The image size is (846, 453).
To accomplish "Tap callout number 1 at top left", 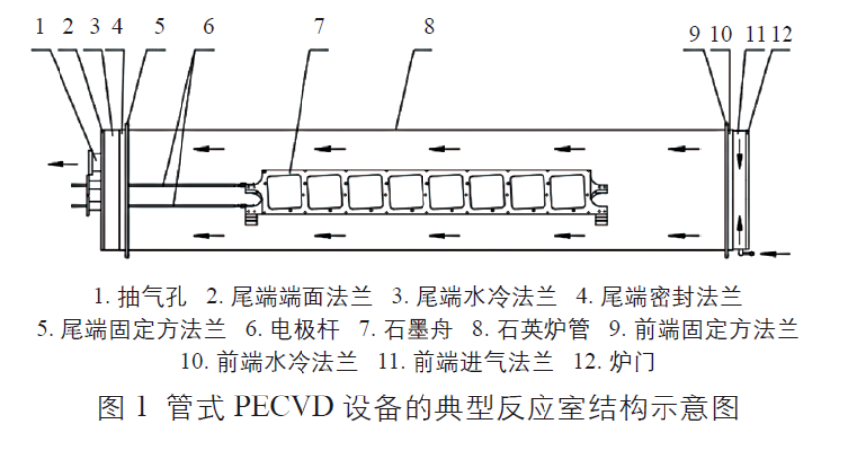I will click(40, 27).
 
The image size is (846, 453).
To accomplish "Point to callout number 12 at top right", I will click(783, 34).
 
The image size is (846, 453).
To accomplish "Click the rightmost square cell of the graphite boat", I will click(567, 192).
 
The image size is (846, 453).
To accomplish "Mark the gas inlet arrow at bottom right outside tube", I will click(777, 253).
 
